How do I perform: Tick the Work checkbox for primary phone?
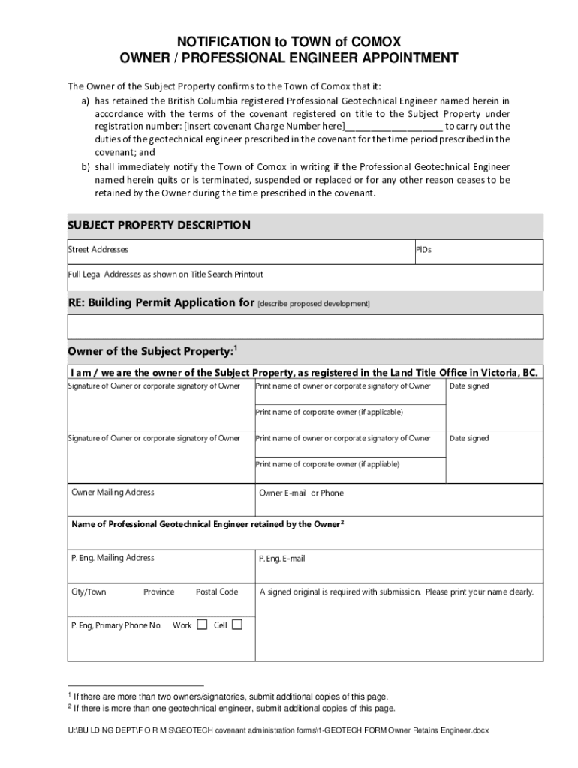[x=201, y=625]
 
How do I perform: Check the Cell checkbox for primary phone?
[x=237, y=625]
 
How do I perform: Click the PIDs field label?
[x=423, y=249]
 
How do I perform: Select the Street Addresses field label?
[x=98, y=249]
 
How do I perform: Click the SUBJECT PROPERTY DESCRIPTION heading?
[x=159, y=225]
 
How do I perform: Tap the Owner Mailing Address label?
[x=113, y=493]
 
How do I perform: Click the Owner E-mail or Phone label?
[x=301, y=493]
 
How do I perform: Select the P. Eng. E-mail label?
[x=282, y=559]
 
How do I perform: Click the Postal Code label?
[x=217, y=592]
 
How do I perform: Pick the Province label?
[x=158, y=592]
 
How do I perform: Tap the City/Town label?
[x=89, y=592]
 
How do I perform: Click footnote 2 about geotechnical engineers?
[x=230, y=708]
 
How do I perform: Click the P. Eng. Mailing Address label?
[x=113, y=558]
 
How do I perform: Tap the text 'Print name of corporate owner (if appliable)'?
[x=327, y=464]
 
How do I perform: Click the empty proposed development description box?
[x=305, y=327]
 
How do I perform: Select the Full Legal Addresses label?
[x=166, y=274]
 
